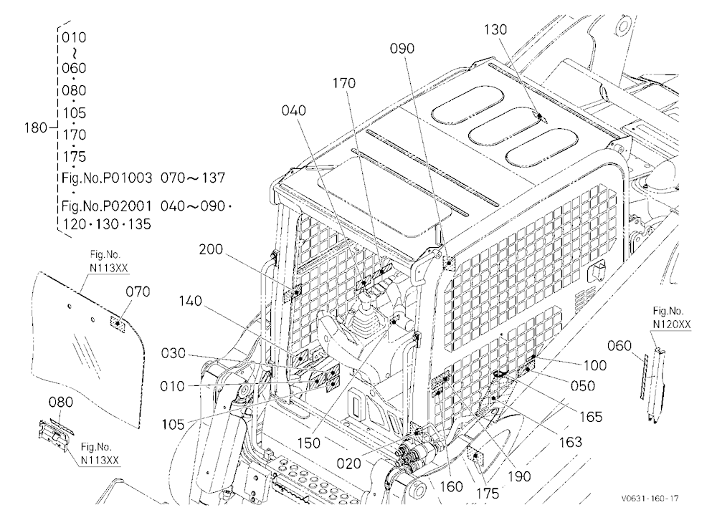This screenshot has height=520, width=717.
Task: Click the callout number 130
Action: (495, 29)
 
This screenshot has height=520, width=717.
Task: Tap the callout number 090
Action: (402, 49)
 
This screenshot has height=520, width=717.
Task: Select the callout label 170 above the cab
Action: (343, 83)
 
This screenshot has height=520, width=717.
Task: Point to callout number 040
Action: (293, 110)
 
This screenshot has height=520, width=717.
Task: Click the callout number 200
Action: (211, 249)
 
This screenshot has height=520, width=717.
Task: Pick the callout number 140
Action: (190, 301)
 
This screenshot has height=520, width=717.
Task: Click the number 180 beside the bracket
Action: (36, 127)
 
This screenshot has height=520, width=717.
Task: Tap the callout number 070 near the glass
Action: (138, 292)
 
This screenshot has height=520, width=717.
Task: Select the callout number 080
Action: (61, 402)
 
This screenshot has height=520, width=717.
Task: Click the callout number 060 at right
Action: (619, 346)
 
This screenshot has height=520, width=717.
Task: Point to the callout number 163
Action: (570, 442)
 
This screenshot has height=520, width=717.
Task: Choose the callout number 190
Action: (519, 476)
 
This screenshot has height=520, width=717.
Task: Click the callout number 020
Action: (349, 464)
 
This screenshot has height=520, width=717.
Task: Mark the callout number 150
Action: (308, 443)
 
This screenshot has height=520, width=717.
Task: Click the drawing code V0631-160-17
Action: (650, 498)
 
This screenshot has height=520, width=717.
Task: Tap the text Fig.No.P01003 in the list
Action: (107, 178)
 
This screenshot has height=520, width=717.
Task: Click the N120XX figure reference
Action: (671, 324)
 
